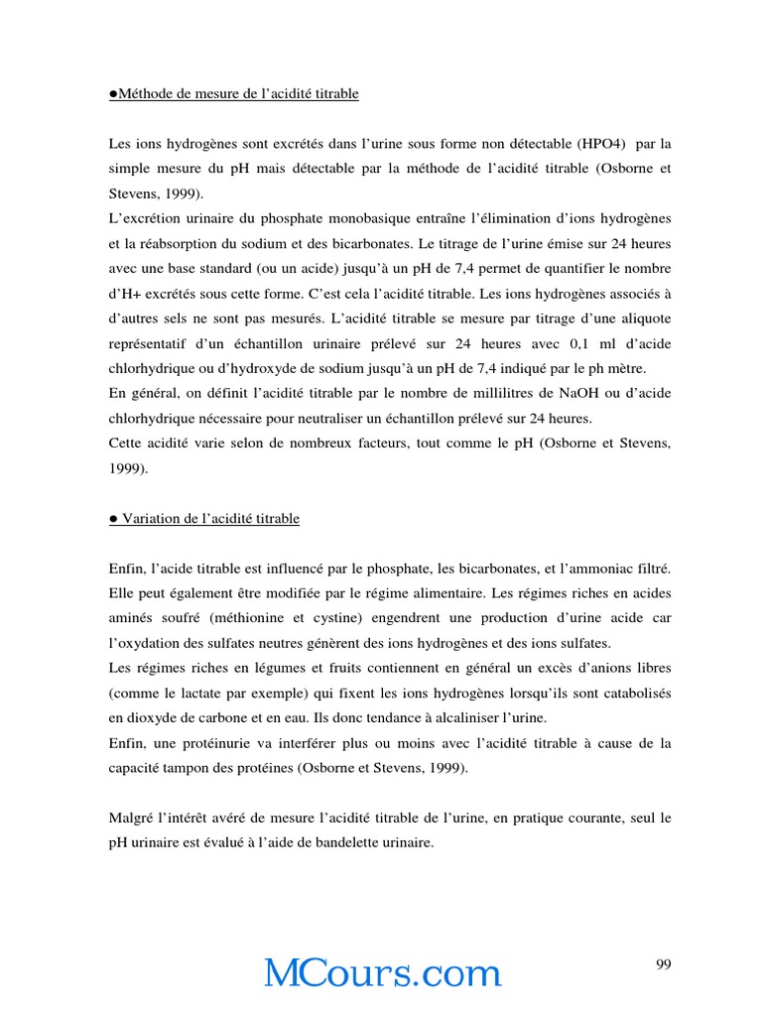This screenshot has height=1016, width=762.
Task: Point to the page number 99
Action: click(x=664, y=964)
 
